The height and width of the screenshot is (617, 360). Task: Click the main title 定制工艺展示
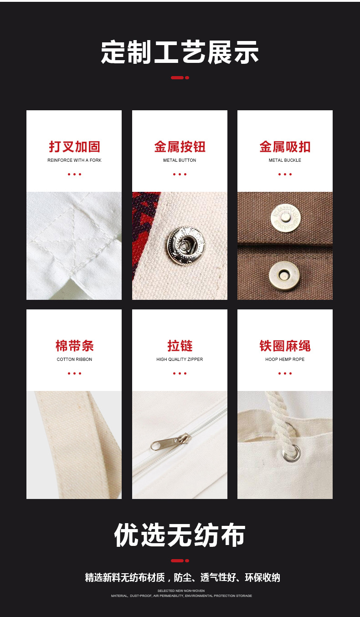[x=180, y=52]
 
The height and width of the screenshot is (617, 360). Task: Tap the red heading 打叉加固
[x=74, y=147]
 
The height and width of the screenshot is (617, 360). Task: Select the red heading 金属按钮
[x=180, y=147]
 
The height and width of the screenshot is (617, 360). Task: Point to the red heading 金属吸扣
[x=285, y=147]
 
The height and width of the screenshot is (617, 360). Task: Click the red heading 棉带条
[x=74, y=346]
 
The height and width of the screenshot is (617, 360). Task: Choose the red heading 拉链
[x=180, y=346]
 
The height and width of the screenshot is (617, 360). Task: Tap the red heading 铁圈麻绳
[x=285, y=346]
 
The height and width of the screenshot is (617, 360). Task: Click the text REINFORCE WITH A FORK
[x=74, y=160]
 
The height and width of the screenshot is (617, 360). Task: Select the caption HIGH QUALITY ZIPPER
[x=180, y=360]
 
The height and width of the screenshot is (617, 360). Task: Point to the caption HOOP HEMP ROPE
[x=285, y=360]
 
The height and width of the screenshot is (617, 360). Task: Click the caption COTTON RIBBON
[x=74, y=360]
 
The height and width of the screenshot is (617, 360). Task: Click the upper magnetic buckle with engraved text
[x=286, y=217]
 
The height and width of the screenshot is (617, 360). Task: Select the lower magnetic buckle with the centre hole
[x=284, y=275]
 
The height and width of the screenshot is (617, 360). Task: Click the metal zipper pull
[x=169, y=442]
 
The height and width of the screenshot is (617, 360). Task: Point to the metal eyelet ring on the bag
[x=292, y=453]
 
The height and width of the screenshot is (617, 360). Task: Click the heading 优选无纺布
[x=180, y=535]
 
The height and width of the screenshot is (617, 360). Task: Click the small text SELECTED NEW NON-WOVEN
[x=181, y=591]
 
